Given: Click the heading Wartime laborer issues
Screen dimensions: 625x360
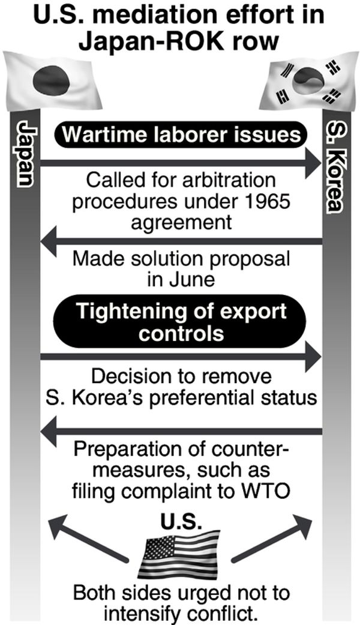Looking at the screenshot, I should pyautogui.click(x=181, y=134).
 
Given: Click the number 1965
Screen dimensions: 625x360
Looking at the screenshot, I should pyautogui.click(x=268, y=201).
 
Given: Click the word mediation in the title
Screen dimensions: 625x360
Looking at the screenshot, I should pyautogui.click(x=165, y=14).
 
